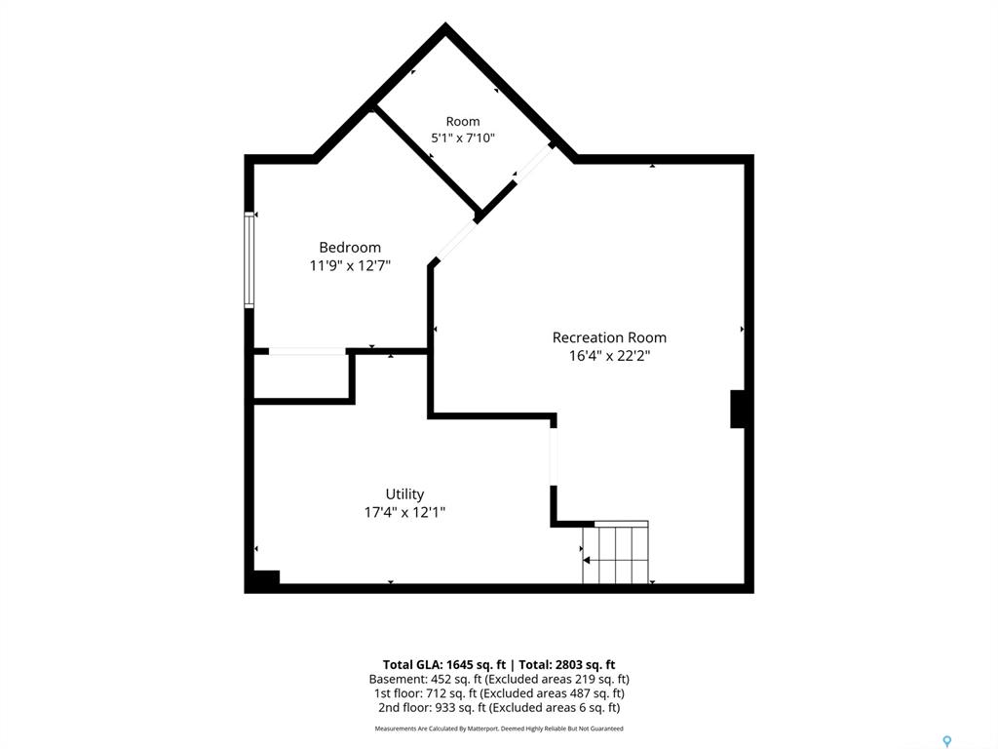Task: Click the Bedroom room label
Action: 350,248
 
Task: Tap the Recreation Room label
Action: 609,337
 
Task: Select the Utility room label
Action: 404,494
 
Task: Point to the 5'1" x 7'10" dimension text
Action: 463,138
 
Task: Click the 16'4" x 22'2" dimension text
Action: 609,355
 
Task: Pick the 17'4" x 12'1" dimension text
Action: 404,512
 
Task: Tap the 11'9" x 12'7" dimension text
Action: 350,265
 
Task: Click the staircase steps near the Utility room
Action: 616,552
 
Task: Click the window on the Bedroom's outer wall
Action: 249,259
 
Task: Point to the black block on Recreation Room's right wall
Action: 737,409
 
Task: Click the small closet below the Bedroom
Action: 301,377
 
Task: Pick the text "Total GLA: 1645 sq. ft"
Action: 444,665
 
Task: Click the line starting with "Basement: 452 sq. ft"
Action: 499,679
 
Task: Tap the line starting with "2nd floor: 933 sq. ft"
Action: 499,708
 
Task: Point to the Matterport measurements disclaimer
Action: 499,729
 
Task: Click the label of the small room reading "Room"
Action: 463,121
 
